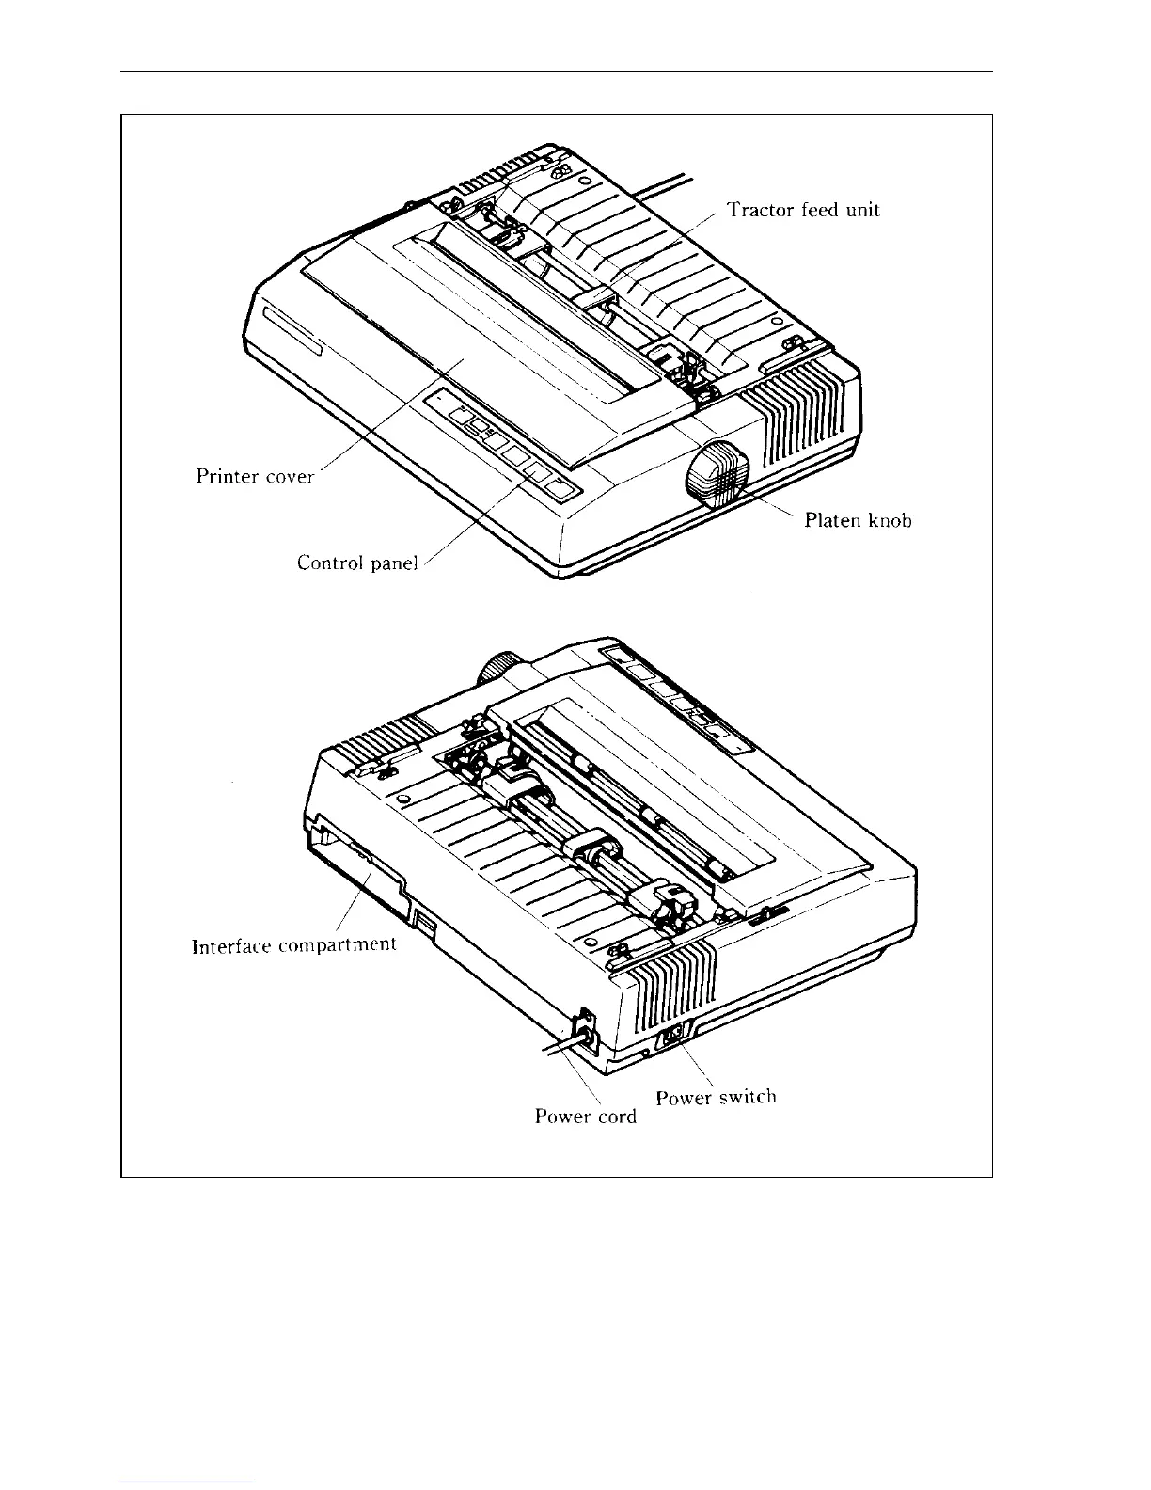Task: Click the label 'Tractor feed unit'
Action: click(x=803, y=210)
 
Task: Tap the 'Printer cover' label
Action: click(x=255, y=476)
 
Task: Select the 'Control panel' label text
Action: click(x=356, y=563)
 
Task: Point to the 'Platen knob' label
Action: click(x=858, y=520)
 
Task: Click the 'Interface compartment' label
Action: click(x=293, y=945)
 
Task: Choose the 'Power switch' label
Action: click(x=716, y=1097)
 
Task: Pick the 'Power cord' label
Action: click(x=585, y=1117)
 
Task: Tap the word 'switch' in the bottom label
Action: click(x=748, y=1097)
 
